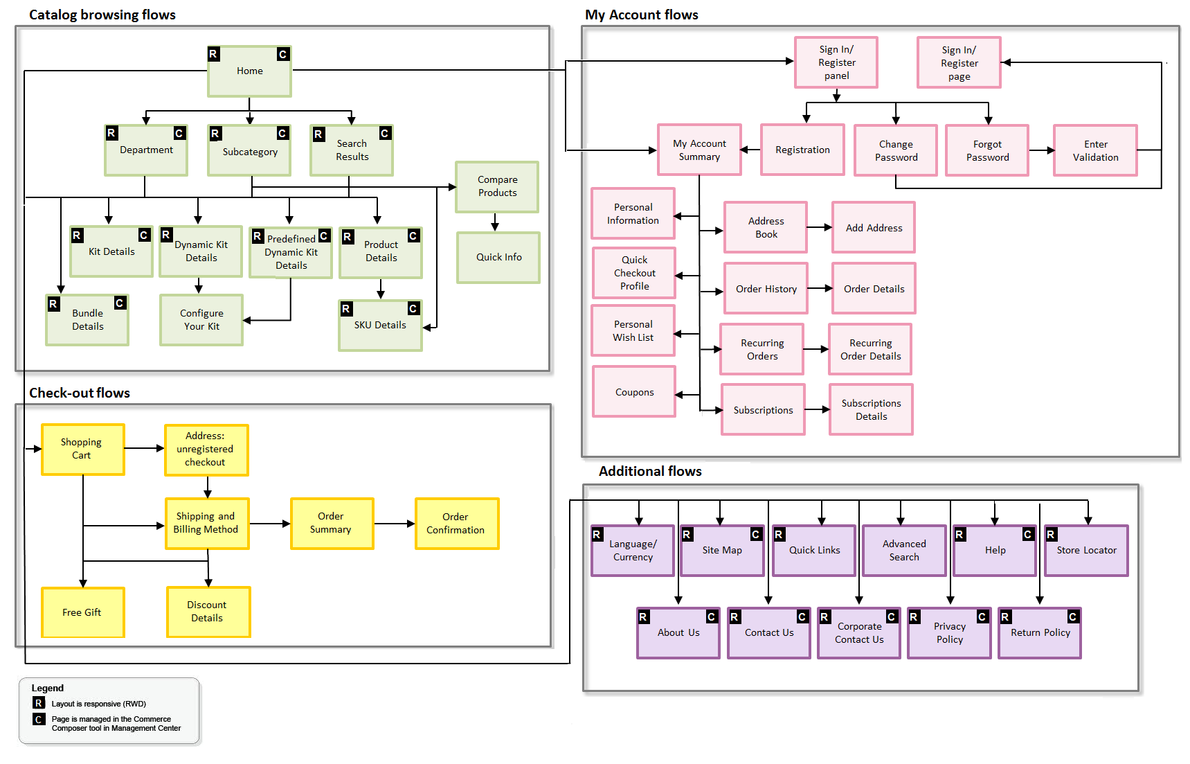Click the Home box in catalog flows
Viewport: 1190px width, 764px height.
coord(249,71)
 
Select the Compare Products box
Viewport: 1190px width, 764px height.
coord(497,186)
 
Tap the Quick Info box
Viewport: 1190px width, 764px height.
coord(498,257)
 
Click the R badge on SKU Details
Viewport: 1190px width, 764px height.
coord(346,309)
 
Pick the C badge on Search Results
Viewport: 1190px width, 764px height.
coord(386,133)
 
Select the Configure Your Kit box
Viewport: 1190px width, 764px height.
coord(201,320)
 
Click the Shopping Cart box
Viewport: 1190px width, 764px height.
coord(82,449)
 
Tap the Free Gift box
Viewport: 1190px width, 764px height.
coord(82,612)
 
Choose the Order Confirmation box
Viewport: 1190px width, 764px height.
coord(456,524)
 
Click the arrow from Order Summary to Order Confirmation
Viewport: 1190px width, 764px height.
coord(394,524)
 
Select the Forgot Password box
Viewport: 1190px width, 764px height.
coord(987,150)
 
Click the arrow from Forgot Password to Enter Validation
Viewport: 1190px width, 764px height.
coord(1041,150)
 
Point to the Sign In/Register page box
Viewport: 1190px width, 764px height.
coord(959,63)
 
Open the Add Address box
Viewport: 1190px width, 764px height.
coord(874,228)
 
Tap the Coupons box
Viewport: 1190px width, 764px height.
coord(634,392)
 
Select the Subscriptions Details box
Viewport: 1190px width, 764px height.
coord(871,409)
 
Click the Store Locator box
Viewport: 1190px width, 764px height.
coord(1086,551)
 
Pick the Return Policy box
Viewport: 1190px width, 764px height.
coord(1040,633)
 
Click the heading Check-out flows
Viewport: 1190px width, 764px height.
coord(80,393)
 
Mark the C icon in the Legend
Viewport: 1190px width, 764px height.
coord(39,720)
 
